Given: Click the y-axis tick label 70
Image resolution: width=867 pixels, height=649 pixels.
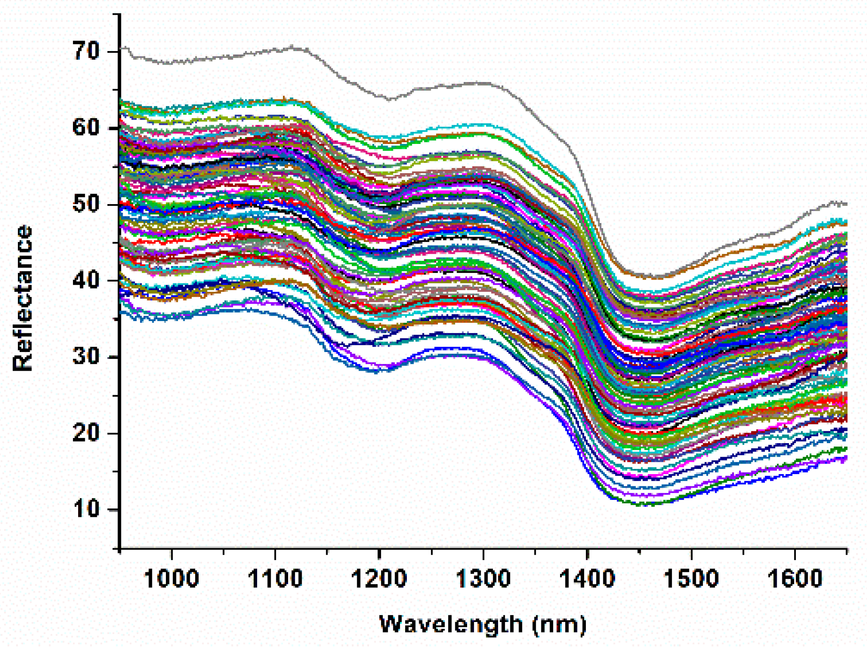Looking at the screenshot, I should tap(86, 51).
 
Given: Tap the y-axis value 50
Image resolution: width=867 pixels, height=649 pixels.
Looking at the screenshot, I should tap(86, 204).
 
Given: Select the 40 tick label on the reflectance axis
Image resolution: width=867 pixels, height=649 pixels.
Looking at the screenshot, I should tap(86, 280).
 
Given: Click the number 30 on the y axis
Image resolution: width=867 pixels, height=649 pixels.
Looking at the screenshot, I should tap(86, 357).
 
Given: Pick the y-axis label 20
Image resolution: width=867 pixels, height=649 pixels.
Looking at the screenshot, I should tap(86, 433).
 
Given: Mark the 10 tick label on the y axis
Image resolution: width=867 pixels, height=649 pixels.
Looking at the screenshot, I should tap(86, 509).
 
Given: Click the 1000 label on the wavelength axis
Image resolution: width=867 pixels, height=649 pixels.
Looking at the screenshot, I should tap(171, 579).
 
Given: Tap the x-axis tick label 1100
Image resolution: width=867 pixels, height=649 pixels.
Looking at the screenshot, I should tap(275, 579).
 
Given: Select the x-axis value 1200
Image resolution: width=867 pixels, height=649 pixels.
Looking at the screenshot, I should tap(379, 579).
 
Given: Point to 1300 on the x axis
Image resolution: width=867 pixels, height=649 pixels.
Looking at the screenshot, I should tap(483, 579).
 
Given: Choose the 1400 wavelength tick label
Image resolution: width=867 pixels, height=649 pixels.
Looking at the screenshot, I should tap(587, 579).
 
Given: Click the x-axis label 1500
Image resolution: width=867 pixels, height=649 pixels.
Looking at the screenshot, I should tap(691, 579).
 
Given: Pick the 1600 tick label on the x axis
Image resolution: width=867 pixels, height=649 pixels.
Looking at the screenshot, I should tap(795, 579).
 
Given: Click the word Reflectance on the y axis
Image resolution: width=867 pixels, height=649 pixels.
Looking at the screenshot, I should tap(23, 298).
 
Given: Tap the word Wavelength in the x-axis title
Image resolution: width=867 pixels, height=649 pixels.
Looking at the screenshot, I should tap(451, 624).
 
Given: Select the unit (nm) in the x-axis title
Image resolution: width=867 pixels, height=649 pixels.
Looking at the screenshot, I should tap(559, 625).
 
